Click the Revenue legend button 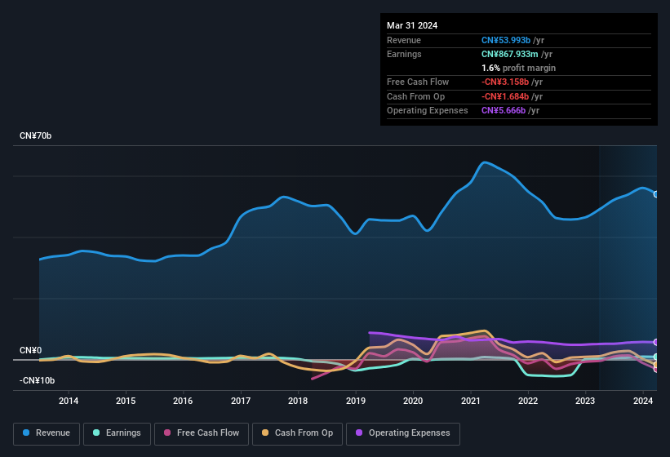[x=46, y=433]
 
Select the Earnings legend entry [x=117, y=433]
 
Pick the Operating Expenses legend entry [x=403, y=433]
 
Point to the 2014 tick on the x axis [x=69, y=401]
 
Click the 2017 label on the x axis [x=241, y=401]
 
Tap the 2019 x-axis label [x=356, y=401]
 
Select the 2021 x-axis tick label [x=470, y=401]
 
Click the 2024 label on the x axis [x=643, y=401]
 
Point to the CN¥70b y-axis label [x=36, y=135]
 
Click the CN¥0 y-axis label [x=30, y=350]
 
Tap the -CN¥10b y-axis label [x=37, y=380]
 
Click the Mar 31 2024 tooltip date [x=412, y=25]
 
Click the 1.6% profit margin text [x=519, y=68]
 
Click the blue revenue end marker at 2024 [x=656, y=194]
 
